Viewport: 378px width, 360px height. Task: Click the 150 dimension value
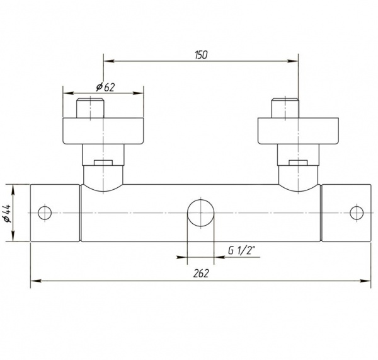click(201, 55)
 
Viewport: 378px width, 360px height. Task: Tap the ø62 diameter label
click(105, 87)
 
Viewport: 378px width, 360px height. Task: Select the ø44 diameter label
click(8, 213)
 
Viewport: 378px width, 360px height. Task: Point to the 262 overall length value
click(201, 274)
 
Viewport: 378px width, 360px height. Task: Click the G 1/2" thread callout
click(241, 251)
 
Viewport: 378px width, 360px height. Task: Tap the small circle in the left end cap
click(45, 213)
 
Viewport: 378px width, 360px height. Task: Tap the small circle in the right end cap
click(357, 213)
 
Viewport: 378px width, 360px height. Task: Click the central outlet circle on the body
click(201, 213)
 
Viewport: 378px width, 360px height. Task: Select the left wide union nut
click(103, 131)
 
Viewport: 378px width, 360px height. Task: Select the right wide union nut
click(298, 131)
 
